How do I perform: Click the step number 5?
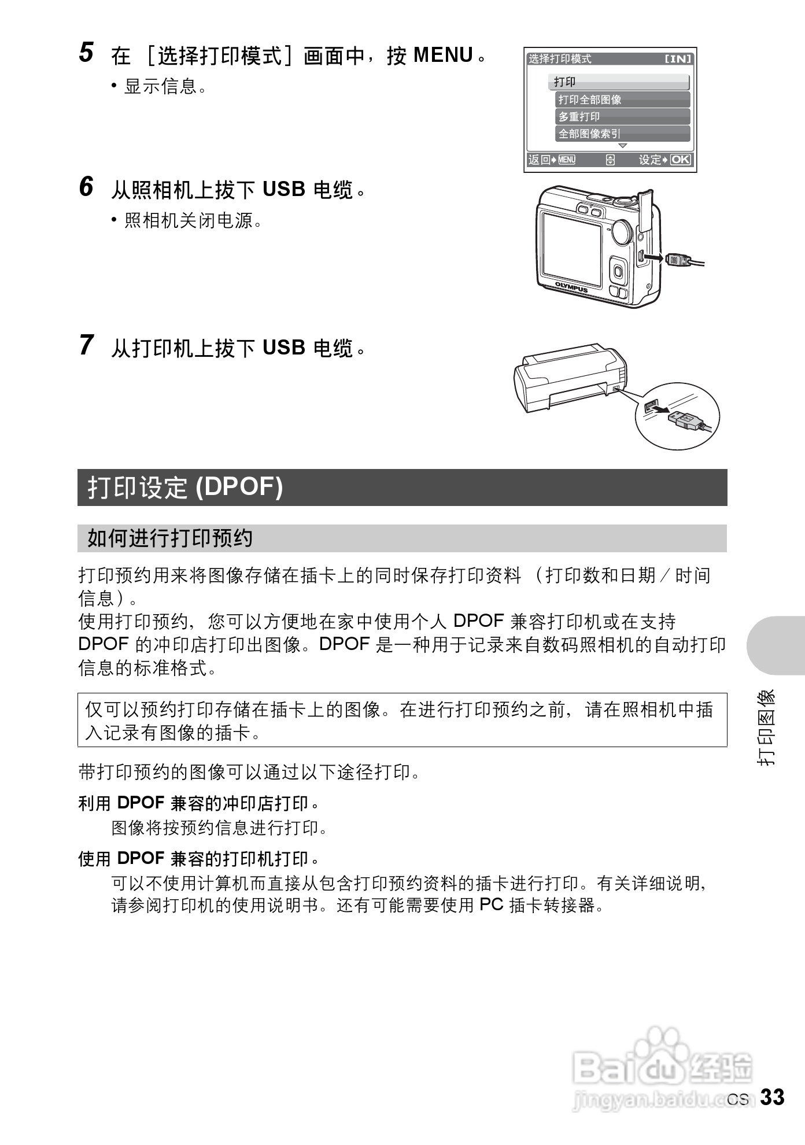[x=86, y=53]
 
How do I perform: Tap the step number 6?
[x=86, y=187]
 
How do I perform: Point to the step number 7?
[x=86, y=345]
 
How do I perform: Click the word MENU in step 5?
[x=444, y=56]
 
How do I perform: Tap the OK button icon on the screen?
[x=680, y=160]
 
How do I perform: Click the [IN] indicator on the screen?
[x=678, y=59]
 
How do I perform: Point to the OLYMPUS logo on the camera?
[x=571, y=287]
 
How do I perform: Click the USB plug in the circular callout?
[x=685, y=418]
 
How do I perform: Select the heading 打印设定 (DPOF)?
[x=185, y=487]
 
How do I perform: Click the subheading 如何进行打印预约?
[x=169, y=538]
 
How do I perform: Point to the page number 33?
[x=772, y=1097]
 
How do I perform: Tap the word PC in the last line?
[x=492, y=904]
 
